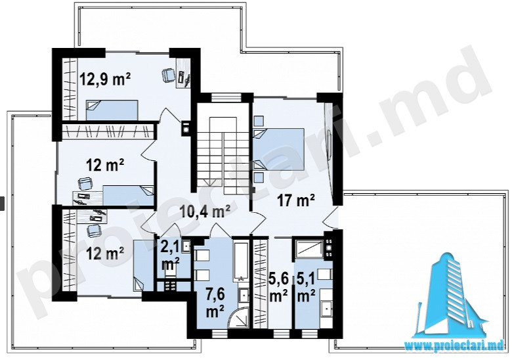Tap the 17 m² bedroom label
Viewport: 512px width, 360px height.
click(296, 200)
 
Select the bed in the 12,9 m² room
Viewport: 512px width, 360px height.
click(112, 110)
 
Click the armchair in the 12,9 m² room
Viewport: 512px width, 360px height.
click(169, 75)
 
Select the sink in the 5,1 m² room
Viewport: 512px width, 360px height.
click(326, 307)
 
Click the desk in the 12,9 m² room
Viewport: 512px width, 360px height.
click(183, 74)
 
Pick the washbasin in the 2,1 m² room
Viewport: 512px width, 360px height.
click(186, 246)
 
